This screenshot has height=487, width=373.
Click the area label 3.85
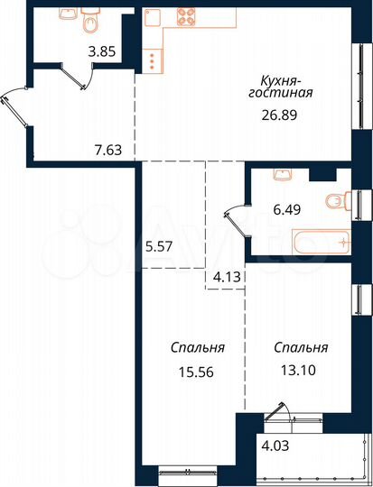click(101, 52)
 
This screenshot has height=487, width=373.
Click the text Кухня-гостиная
click(282, 87)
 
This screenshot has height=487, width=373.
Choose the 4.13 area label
click(223, 278)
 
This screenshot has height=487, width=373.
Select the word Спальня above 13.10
click(302, 346)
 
